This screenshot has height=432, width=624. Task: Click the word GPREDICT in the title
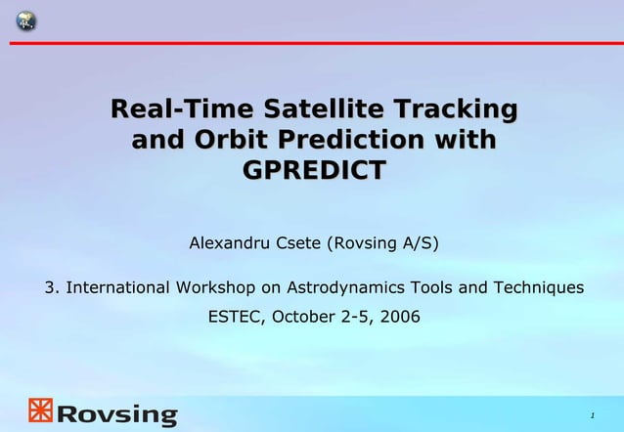313,170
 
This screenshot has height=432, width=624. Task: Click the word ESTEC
235,317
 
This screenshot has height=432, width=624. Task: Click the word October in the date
303,317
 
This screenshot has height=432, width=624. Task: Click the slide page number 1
592,416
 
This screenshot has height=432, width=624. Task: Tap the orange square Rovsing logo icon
39,410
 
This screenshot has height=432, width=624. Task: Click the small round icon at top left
24,21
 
